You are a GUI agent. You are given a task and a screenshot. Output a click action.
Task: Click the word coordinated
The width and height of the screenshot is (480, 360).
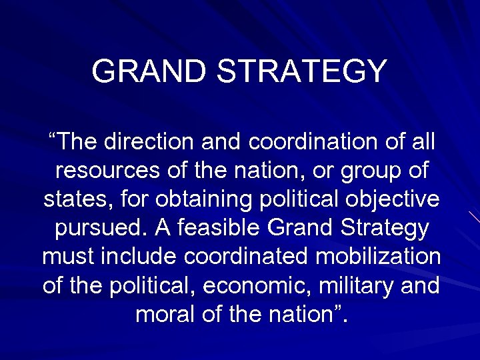253,257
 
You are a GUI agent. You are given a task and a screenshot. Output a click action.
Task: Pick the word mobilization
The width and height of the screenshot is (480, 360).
383,257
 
